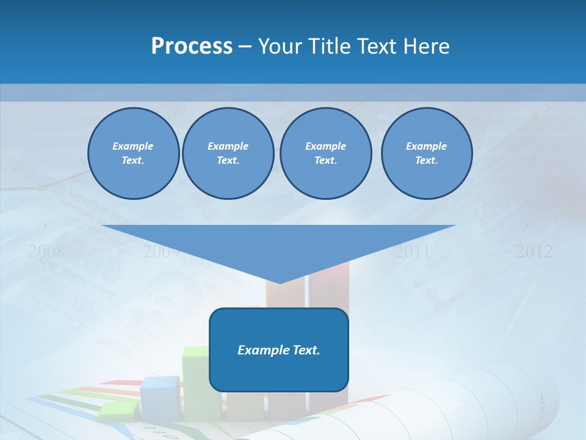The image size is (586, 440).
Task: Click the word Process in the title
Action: [x=192, y=46]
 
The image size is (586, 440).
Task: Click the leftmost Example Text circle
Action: [x=133, y=153]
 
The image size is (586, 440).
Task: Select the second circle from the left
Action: [x=228, y=153]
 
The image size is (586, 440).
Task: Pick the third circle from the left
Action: [x=325, y=153]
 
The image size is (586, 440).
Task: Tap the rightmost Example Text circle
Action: [x=426, y=153]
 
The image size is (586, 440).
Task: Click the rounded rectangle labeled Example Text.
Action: [x=278, y=350]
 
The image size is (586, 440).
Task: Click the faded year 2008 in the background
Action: [x=46, y=251]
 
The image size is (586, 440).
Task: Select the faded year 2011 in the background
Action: [x=412, y=251]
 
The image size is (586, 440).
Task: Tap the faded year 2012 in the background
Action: [x=534, y=251]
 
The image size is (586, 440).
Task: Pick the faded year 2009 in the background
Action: [x=161, y=251]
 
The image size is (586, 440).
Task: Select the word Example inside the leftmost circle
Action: [x=133, y=146]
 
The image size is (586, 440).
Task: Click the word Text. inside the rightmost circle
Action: [x=426, y=161]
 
